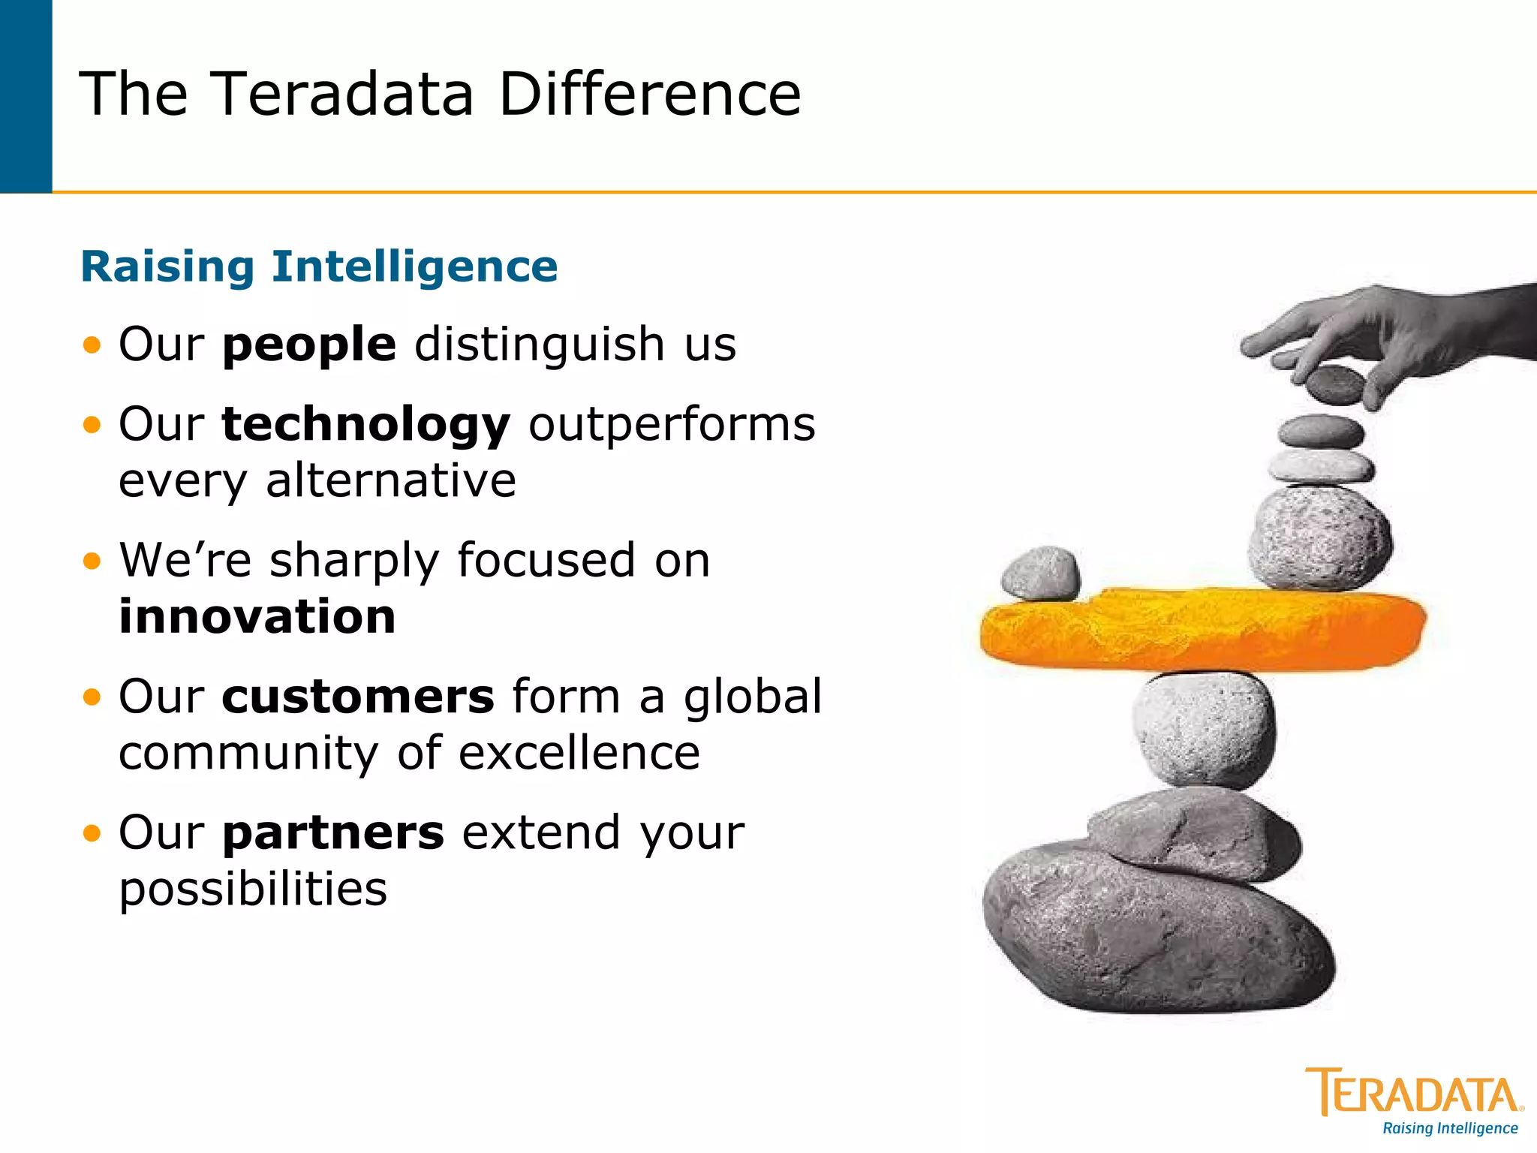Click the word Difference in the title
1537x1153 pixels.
(650, 95)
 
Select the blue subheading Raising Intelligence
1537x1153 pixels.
(319, 267)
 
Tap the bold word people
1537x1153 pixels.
(309, 345)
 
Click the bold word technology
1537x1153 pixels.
(366, 425)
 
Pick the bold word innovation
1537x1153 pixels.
(257, 617)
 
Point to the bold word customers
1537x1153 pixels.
(358, 697)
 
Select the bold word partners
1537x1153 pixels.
(333, 833)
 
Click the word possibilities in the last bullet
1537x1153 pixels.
(253, 890)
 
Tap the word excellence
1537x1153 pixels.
(579, 754)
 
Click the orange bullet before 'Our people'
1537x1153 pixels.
(92, 345)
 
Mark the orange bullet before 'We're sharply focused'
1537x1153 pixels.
(92, 561)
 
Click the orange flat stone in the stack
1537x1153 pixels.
(1201, 629)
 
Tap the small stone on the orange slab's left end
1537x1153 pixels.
(1041, 574)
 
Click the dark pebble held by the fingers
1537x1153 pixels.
(1335, 384)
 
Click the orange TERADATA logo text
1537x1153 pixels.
(1414, 1094)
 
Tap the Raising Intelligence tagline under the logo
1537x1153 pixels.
(1450, 1128)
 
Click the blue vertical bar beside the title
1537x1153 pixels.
(26, 96)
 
